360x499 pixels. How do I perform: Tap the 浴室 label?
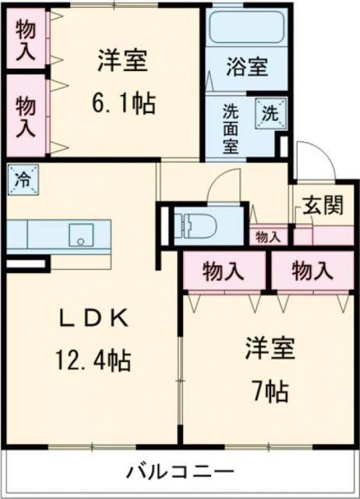(x=248, y=68)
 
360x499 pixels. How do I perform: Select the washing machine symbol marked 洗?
(x=269, y=112)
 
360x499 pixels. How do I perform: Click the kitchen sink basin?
(x=81, y=233)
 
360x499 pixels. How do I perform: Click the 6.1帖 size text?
(x=124, y=101)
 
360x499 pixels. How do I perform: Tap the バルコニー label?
(x=180, y=472)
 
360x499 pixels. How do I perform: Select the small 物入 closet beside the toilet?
(x=269, y=236)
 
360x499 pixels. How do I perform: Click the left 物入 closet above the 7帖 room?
(x=224, y=271)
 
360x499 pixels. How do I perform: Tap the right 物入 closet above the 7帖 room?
(x=312, y=271)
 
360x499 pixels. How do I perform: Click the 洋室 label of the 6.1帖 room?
(x=123, y=60)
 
